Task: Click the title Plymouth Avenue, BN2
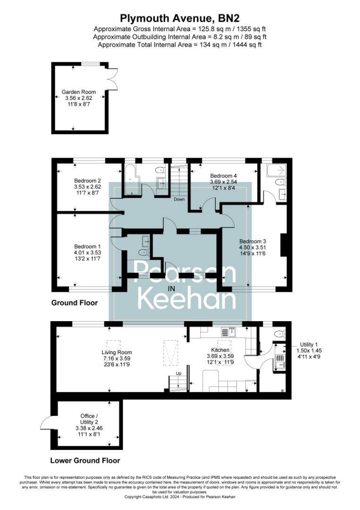pyautogui.click(x=180, y=18)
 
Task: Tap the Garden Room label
pyautogui.click(x=79, y=92)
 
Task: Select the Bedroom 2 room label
pyautogui.click(x=88, y=180)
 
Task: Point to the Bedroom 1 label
pyautogui.click(x=87, y=246)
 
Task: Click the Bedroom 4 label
pyautogui.click(x=223, y=176)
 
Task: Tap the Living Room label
pyautogui.click(x=117, y=352)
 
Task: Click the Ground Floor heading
pyautogui.click(x=75, y=303)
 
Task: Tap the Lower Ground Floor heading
pyautogui.click(x=85, y=460)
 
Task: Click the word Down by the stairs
pyautogui.click(x=179, y=199)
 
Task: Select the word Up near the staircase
pyautogui.click(x=178, y=374)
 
